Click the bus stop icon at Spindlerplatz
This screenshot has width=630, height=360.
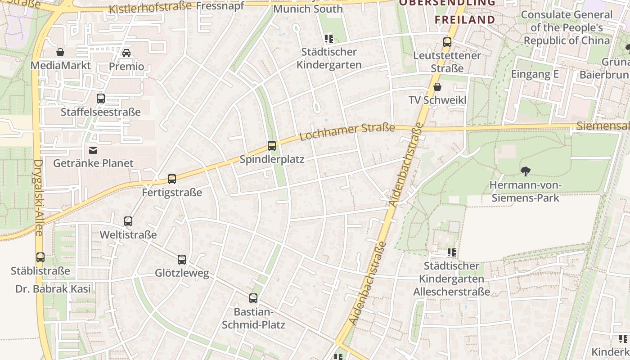pyautogui.click(x=271, y=145)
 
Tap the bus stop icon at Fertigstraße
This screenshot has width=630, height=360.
pyautogui.click(x=171, y=179)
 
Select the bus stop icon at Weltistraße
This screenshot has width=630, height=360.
pyautogui.click(x=128, y=221)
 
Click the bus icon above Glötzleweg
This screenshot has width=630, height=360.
pyautogui.click(x=181, y=259)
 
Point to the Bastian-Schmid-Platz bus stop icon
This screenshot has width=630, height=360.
pyautogui.click(x=253, y=298)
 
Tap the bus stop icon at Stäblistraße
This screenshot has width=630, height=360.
pyautogui.click(x=40, y=257)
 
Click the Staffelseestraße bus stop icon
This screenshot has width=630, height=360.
pyautogui.click(x=101, y=98)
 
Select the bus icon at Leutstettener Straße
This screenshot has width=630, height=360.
pyautogui.click(x=447, y=42)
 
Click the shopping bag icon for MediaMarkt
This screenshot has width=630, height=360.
pyautogui.click(x=60, y=52)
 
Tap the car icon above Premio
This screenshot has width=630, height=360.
pyautogui.click(x=126, y=53)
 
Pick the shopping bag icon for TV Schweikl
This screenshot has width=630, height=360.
pyautogui.click(x=437, y=87)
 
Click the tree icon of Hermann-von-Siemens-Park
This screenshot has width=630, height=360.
pyautogui.click(x=525, y=171)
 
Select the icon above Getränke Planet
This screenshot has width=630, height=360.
pyautogui.click(x=93, y=150)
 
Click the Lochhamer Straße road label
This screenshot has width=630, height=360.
pyautogui.click(x=347, y=131)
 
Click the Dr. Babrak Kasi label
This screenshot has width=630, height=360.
pyautogui.click(x=53, y=289)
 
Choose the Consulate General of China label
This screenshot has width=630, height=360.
pyautogui.click(x=567, y=27)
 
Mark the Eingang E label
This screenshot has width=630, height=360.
pyautogui.click(x=535, y=74)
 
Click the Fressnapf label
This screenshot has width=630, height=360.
pyautogui.click(x=220, y=6)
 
